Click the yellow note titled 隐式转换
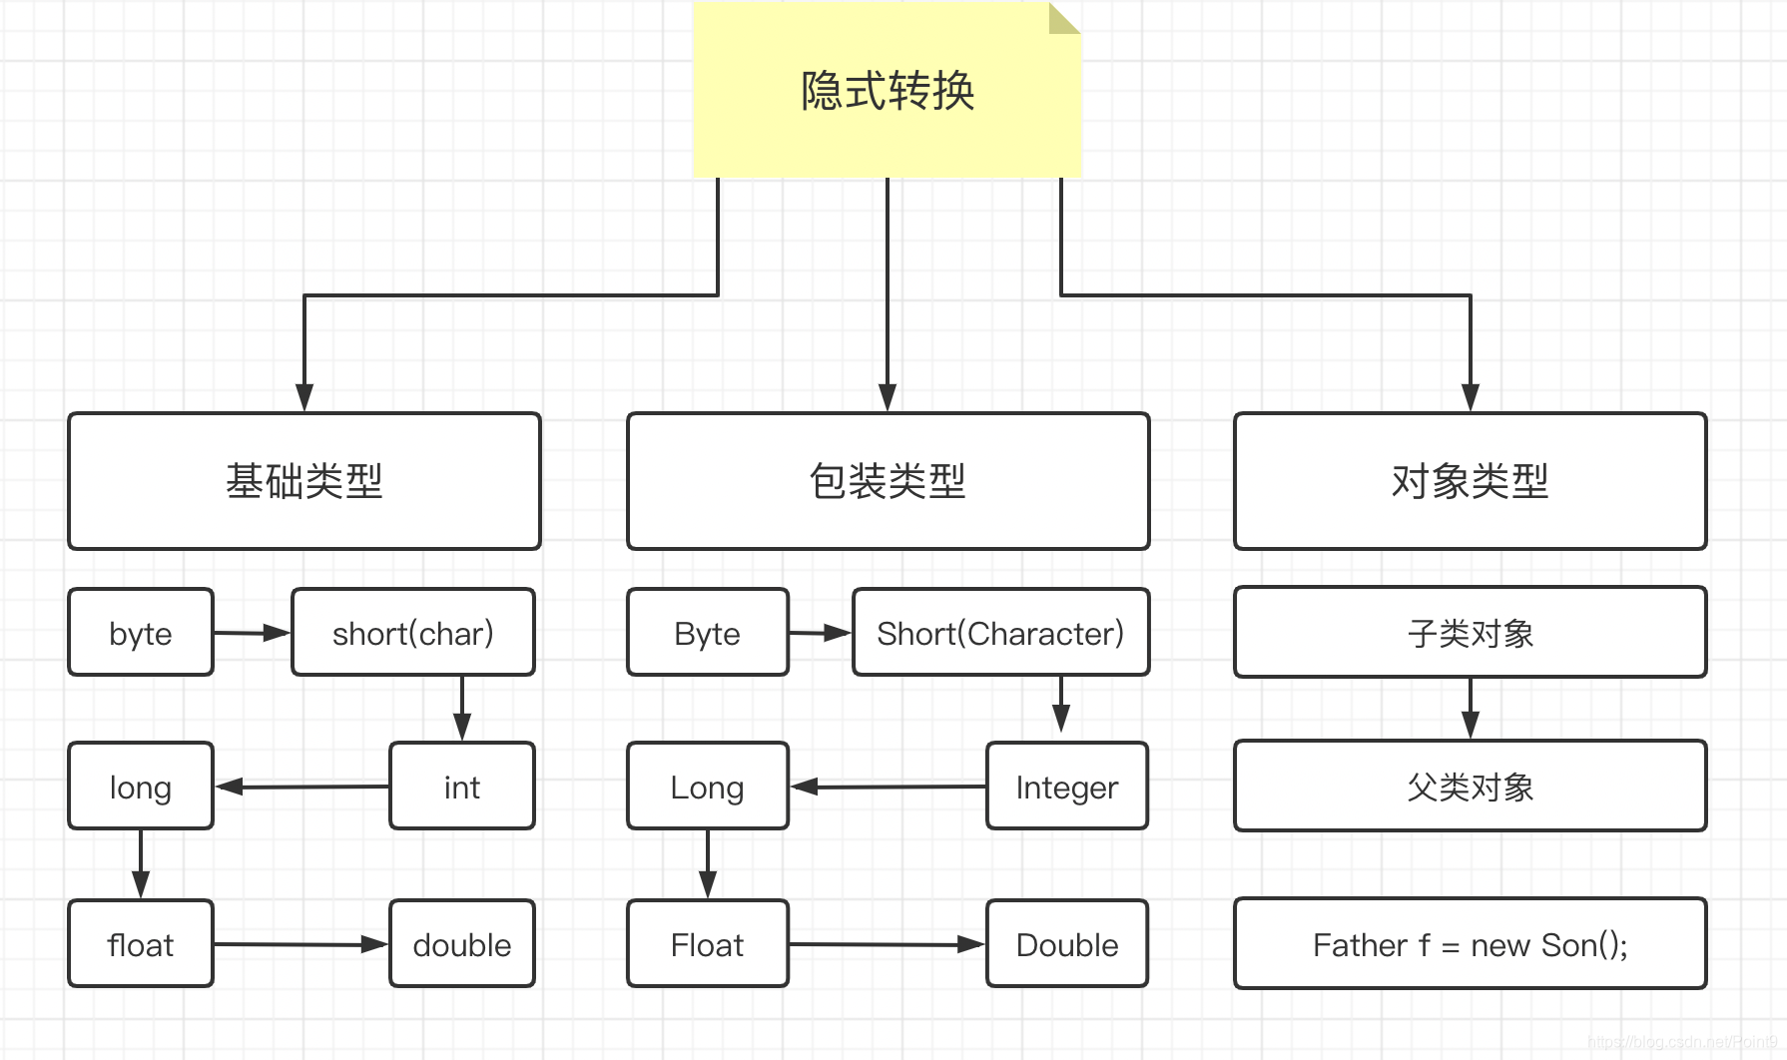(887, 91)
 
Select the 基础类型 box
(303, 481)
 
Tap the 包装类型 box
(888, 481)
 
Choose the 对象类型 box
(1470, 481)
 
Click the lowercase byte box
(141, 633)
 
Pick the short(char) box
(412, 633)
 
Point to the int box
(461, 787)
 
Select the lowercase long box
(141, 787)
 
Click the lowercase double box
(461, 944)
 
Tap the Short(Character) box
(1000, 633)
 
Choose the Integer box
(1066, 787)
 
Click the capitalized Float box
(707, 944)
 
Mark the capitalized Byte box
(707, 633)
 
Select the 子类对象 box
(1470, 633)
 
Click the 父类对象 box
(1470, 787)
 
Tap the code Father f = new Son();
(1470, 944)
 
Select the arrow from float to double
(299, 944)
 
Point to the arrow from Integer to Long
(889, 787)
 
